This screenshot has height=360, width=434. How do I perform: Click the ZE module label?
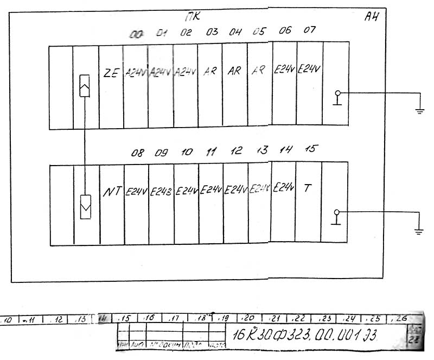(111, 72)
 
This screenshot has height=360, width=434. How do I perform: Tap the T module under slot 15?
(308, 189)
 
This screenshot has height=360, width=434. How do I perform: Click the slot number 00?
(136, 34)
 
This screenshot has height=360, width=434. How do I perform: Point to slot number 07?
(309, 30)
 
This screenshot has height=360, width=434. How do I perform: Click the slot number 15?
(310, 149)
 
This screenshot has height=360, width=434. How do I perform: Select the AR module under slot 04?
(234, 71)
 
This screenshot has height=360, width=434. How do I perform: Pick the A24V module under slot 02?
(186, 72)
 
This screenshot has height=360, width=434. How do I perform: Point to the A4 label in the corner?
(371, 17)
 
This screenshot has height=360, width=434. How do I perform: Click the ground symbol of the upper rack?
(419, 111)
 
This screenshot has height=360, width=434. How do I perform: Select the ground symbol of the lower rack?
(418, 231)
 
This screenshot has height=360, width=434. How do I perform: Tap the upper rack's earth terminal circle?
(337, 93)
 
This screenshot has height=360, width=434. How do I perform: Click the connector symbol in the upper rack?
(85, 87)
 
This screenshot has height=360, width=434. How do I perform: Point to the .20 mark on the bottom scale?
(249, 317)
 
